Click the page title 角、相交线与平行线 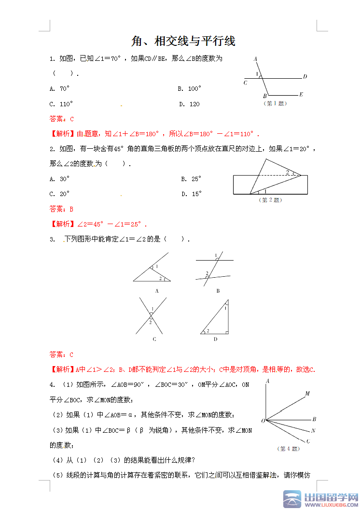point(183,41)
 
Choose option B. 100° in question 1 point(189,89)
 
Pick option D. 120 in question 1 point(189,104)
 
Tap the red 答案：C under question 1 point(62,119)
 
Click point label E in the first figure point(301,94)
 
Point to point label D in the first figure point(305,76)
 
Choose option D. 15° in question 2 point(192,194)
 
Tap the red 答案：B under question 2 point(62,209)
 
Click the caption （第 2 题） point(270,200)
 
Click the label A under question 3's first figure point(157,291)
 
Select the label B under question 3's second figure point(218,291)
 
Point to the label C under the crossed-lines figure point(154,339)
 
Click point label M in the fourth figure point(307,394)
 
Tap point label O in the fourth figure point(263,421)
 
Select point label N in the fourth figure point(313,430)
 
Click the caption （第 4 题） point(288,449)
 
